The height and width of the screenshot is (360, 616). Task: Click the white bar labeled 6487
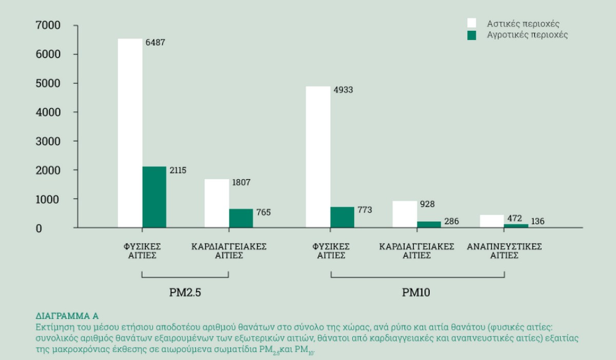(130, 133)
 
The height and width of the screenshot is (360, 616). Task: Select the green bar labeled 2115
(154, 197)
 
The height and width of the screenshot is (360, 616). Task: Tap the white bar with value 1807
(217, 203)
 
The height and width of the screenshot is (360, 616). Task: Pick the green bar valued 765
(241, 218)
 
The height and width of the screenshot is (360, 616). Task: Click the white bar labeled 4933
(318, 157)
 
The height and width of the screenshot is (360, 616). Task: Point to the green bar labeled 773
(342, 217)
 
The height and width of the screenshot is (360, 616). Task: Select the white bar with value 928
(405, 214)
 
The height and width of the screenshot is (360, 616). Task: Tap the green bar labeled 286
(429, 224)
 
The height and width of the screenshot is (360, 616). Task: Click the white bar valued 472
(491, 221)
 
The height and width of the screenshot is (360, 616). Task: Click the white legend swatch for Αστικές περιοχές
(471, 23)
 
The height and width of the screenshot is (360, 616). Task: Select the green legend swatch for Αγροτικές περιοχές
(471, 35)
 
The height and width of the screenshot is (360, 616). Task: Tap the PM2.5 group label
(185, 293)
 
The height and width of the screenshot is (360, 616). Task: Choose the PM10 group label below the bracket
(416, 293)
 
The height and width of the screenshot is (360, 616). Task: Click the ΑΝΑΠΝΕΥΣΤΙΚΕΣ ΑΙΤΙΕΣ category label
(504, 251)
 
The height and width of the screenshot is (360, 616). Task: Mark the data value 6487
(155, 43)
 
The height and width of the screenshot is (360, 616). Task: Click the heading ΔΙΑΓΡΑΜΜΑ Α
(66, 315)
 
